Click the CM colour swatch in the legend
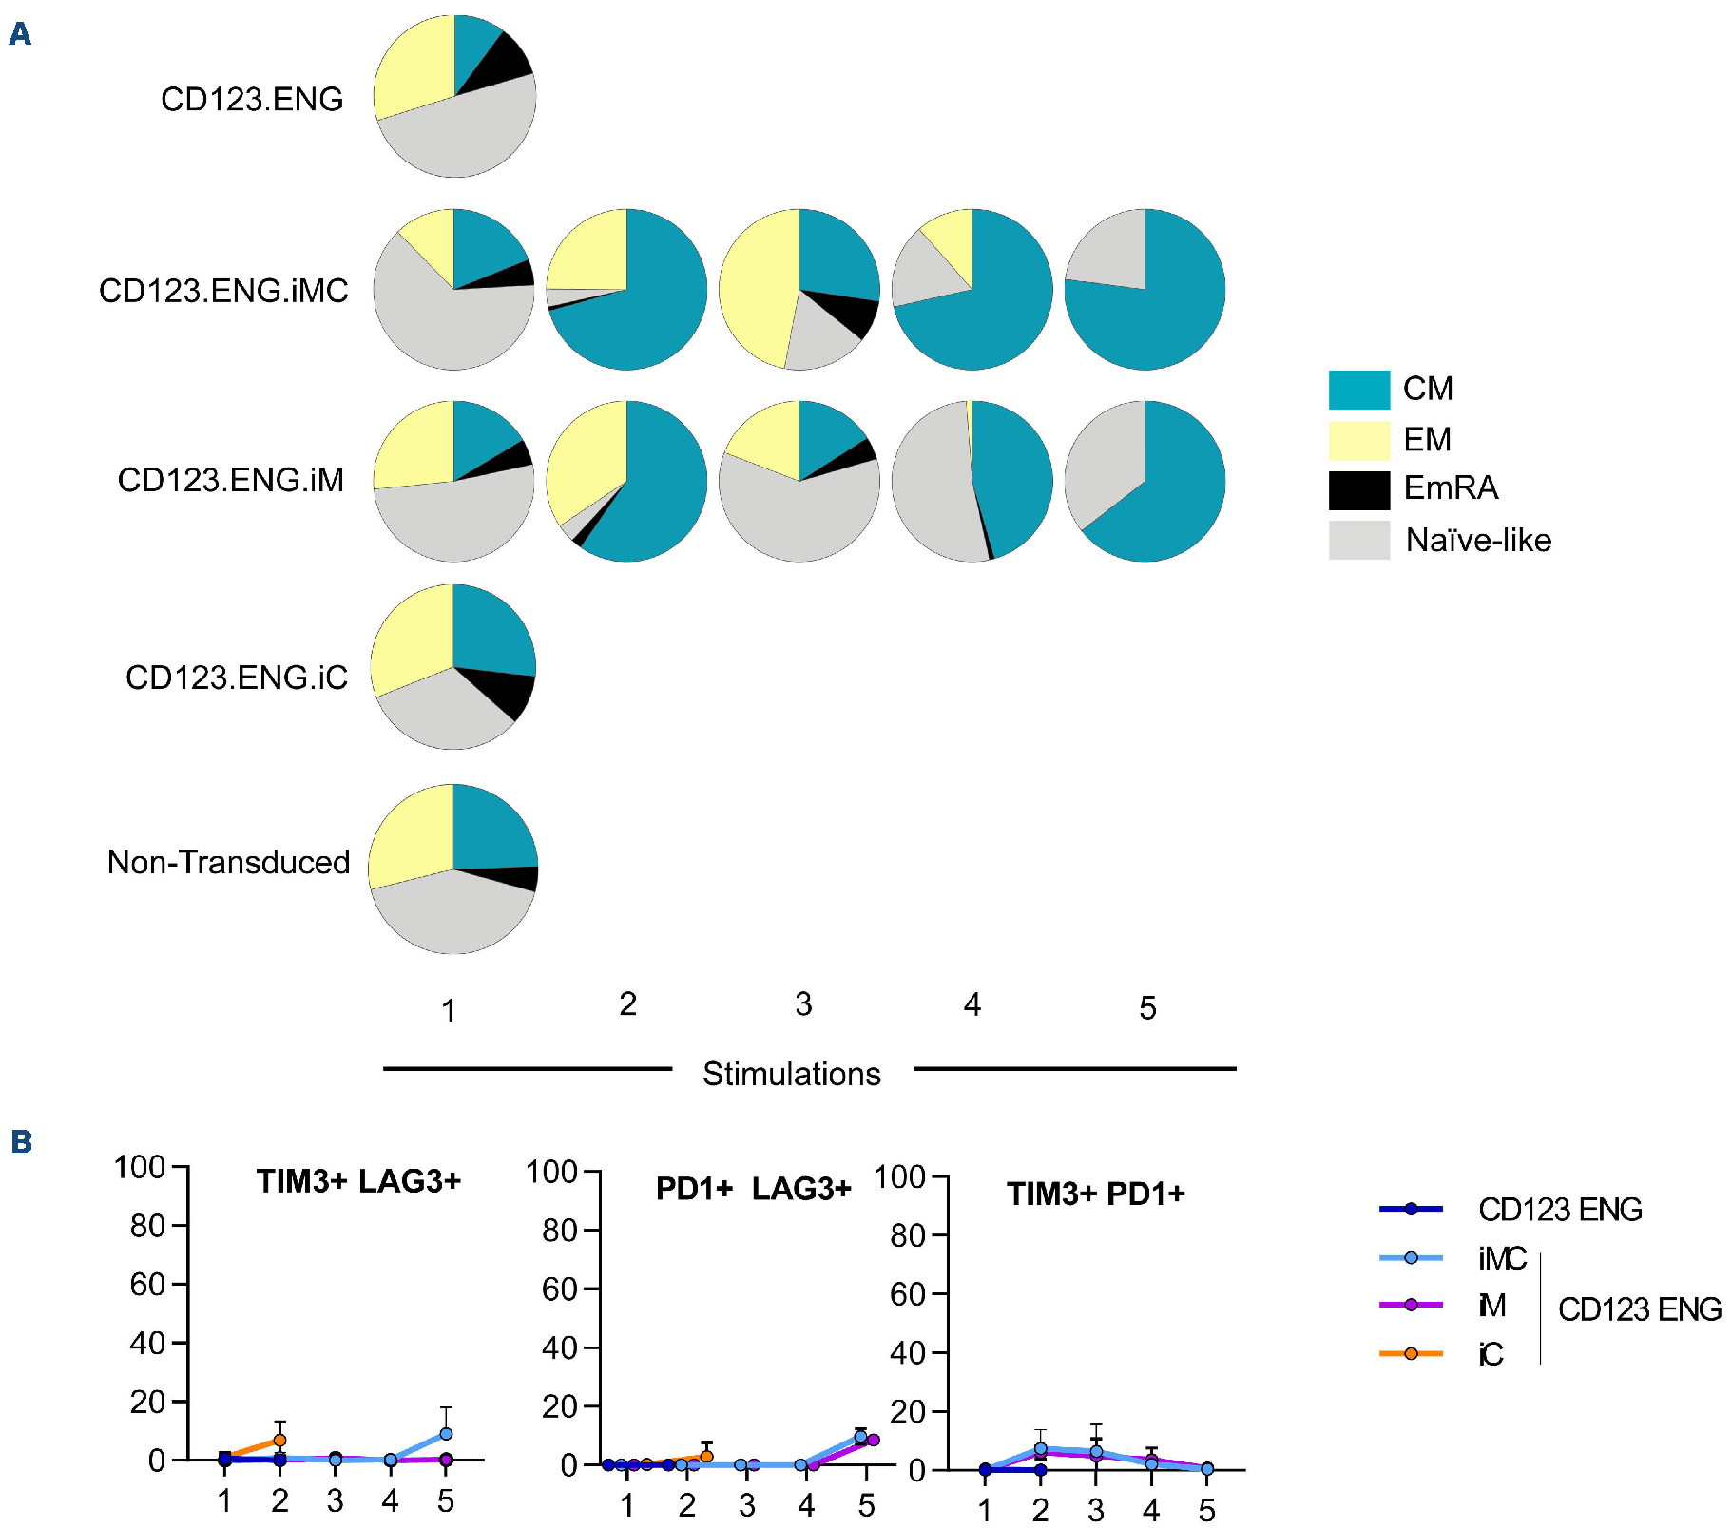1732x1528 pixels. [1358, 390]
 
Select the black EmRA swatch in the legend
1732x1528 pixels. [1358, 490]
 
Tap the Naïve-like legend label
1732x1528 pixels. [1477, 541]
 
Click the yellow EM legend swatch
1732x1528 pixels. [1358, 440]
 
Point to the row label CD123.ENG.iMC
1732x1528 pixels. [223, 291]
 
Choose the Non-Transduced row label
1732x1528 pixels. [228, 863]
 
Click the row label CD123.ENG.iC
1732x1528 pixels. [236, 678]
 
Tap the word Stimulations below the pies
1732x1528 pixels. [791, 1074]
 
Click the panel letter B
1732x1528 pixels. [21, 1141]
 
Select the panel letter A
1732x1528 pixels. [20, 34]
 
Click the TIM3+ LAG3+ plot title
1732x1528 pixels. [358, 1181]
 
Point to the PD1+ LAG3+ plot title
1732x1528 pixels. [753, 1189]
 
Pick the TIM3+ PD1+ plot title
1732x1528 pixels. [1095, 1194]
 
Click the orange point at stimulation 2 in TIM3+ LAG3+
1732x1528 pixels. [279, 1441]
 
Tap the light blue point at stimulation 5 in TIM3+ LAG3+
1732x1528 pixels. [446, 1434]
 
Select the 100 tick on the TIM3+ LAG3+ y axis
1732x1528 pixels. [140, 1167]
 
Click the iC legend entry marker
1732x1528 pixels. [1411, 1353]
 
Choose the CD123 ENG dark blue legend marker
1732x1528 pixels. [1411, 1209]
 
